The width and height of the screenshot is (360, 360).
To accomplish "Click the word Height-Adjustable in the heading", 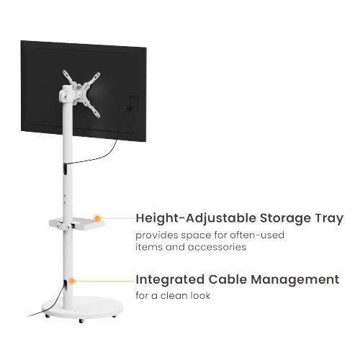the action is point(196,218).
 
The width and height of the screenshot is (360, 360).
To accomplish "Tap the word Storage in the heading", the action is point(285,218).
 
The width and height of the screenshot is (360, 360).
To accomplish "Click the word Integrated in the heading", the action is point(170,279).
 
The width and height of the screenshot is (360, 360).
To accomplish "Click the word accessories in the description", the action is point(217,247).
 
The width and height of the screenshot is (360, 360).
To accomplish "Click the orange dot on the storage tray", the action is point(97,218).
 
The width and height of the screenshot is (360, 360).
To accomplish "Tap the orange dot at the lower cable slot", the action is point(71,281).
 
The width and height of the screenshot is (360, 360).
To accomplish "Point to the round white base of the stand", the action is point(82,307).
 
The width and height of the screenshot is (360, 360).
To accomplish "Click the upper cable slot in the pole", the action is point(66,168).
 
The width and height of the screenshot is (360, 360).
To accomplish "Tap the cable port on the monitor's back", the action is point(134,104).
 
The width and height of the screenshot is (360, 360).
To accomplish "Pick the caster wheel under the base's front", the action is point(81,321).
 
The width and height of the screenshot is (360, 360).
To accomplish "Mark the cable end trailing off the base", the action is point(27,316).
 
